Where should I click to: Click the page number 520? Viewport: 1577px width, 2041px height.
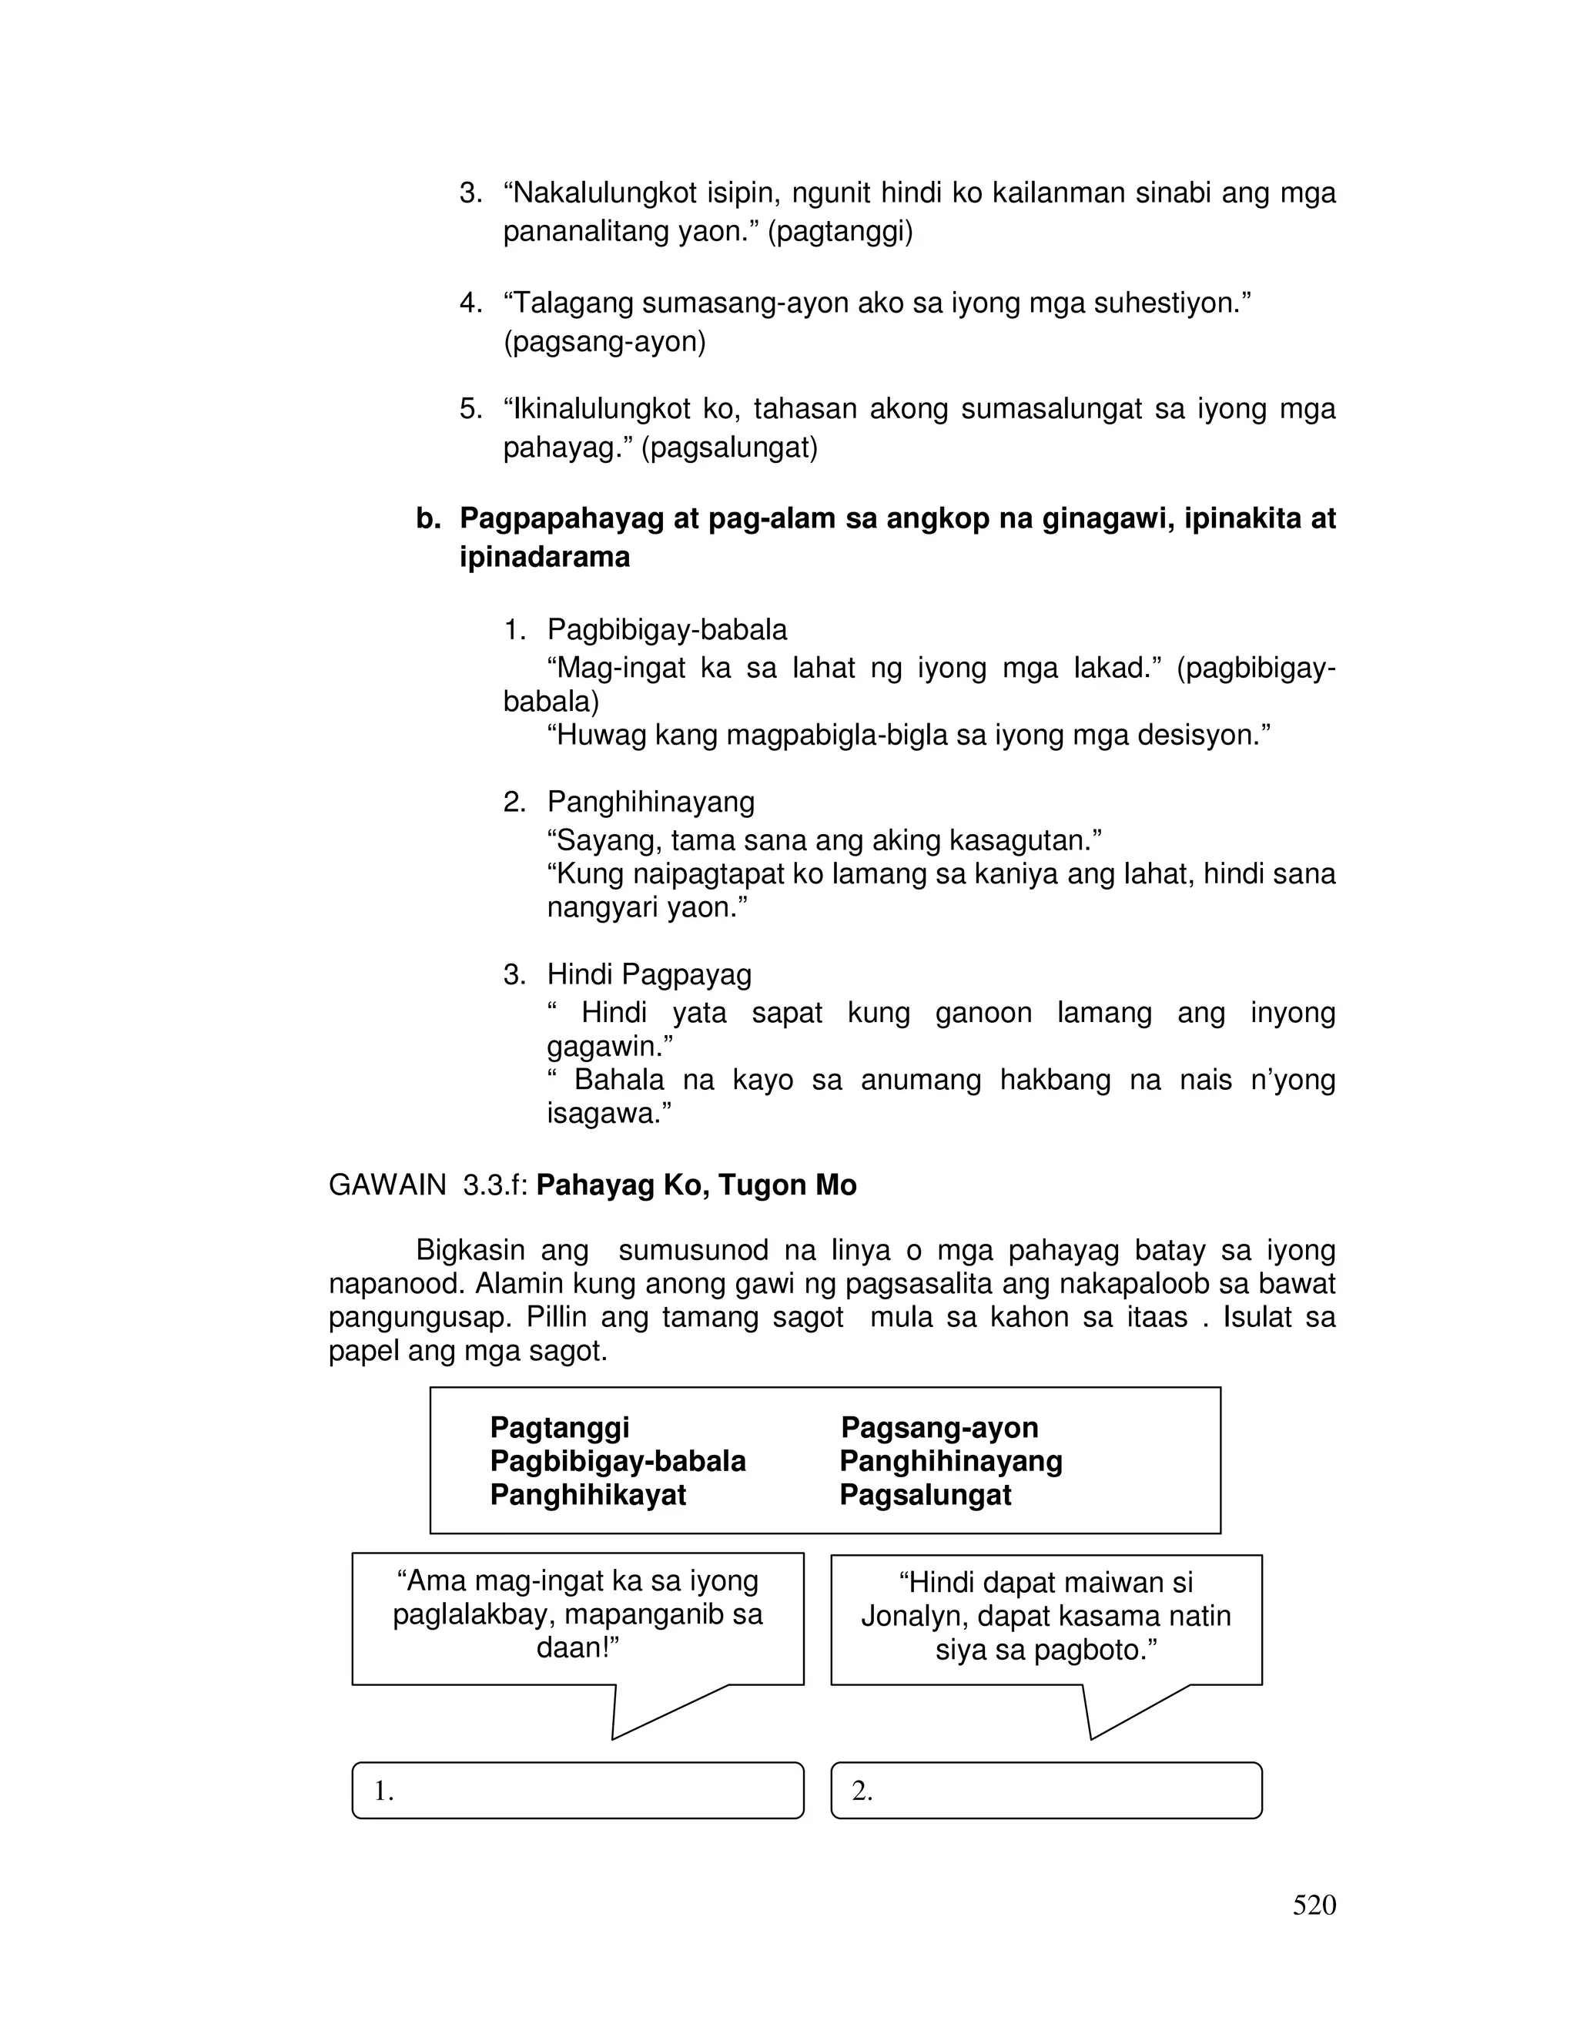point(1314,1905)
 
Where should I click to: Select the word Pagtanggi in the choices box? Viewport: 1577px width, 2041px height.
point(559,1427)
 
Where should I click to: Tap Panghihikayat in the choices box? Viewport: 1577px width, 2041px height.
point(588,1494)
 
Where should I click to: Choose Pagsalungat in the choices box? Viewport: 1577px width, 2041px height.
point(925,1494)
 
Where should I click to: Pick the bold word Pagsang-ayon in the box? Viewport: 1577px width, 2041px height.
point(939,1427)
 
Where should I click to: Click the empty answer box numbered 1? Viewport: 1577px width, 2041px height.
point(578,1791)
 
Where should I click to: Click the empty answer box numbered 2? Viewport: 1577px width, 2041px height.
point(1046,1791)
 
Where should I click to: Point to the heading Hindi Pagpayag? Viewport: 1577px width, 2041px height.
point(648,975)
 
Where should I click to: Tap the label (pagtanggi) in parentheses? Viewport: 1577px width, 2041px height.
point(840,232)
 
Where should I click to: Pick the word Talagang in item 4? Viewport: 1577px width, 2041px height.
point(568,303)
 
